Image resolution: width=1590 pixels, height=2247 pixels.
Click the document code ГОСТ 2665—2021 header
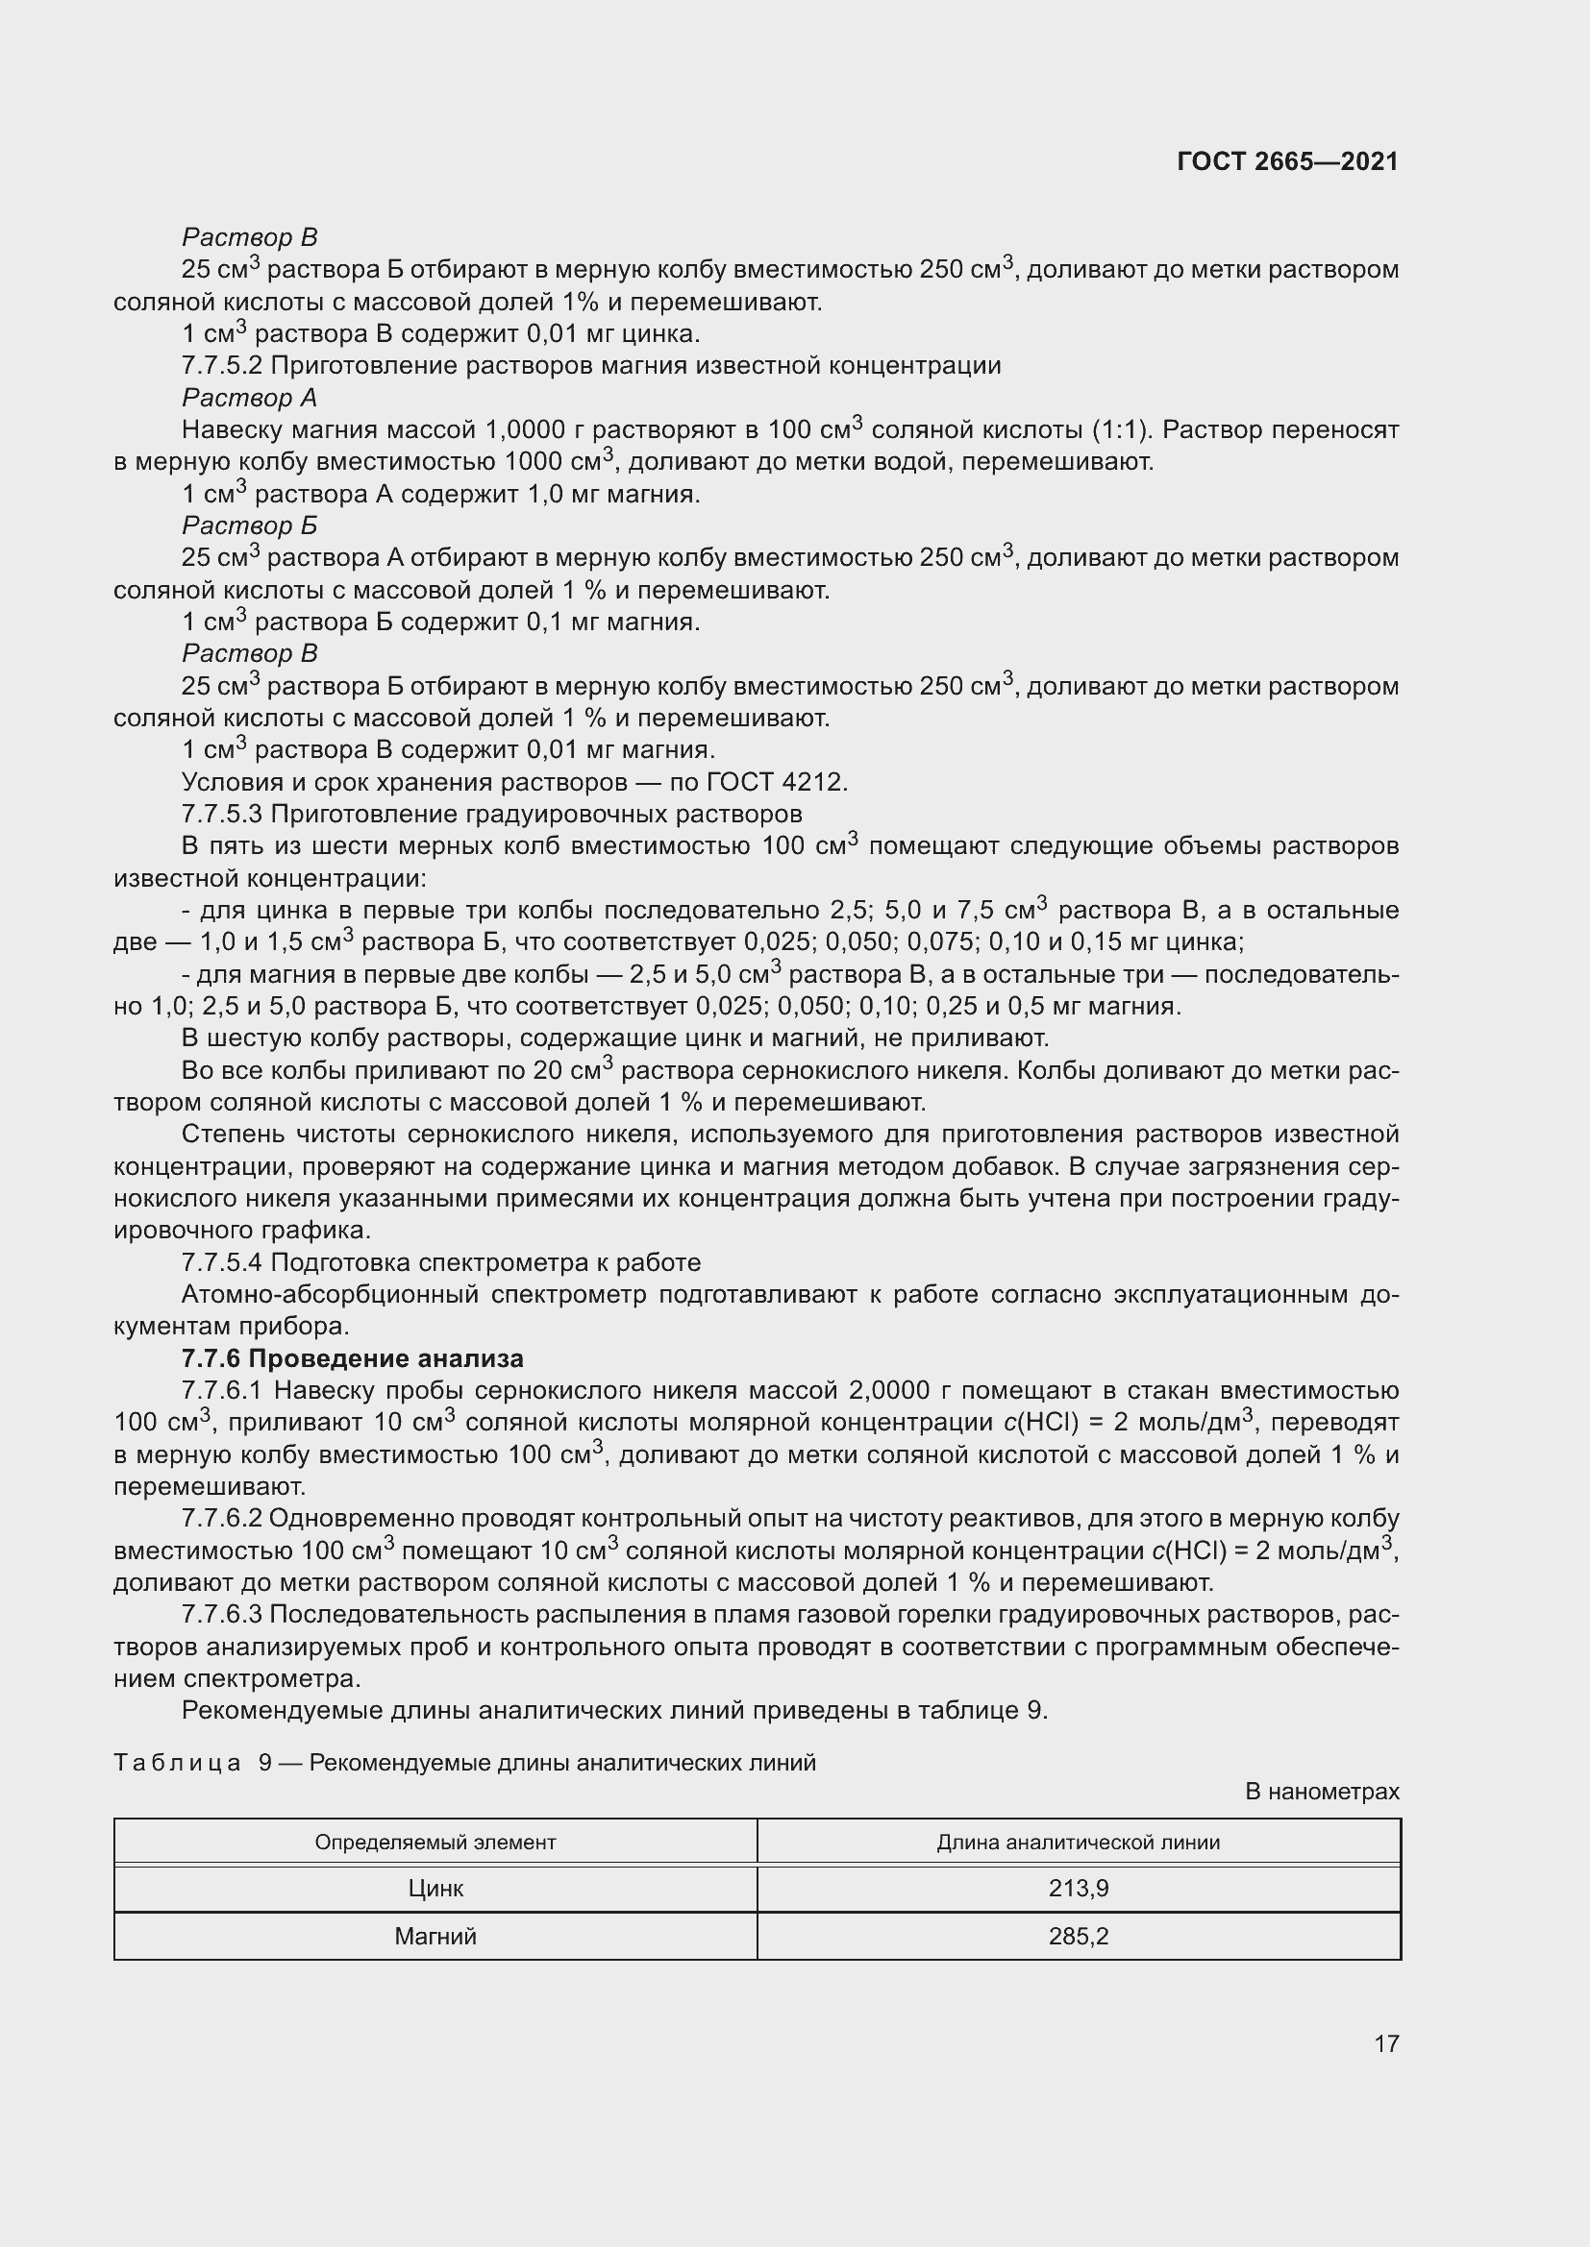1286,161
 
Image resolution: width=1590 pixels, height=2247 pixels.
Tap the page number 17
1386,2043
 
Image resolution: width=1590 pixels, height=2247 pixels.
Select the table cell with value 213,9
1078,1889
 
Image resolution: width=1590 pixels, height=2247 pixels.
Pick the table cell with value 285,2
1078,1937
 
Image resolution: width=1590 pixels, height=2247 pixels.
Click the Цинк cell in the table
435,1889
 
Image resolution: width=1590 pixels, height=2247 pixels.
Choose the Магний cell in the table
435,1937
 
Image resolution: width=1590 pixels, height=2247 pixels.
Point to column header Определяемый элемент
435,1843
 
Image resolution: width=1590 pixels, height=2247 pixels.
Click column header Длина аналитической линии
1078,1843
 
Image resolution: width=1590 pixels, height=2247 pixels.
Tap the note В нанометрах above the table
1322,1792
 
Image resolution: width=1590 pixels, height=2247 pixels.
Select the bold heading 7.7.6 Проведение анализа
353,1358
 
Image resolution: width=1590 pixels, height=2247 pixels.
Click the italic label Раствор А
250,399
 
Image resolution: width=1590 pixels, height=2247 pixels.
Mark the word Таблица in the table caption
177,1764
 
